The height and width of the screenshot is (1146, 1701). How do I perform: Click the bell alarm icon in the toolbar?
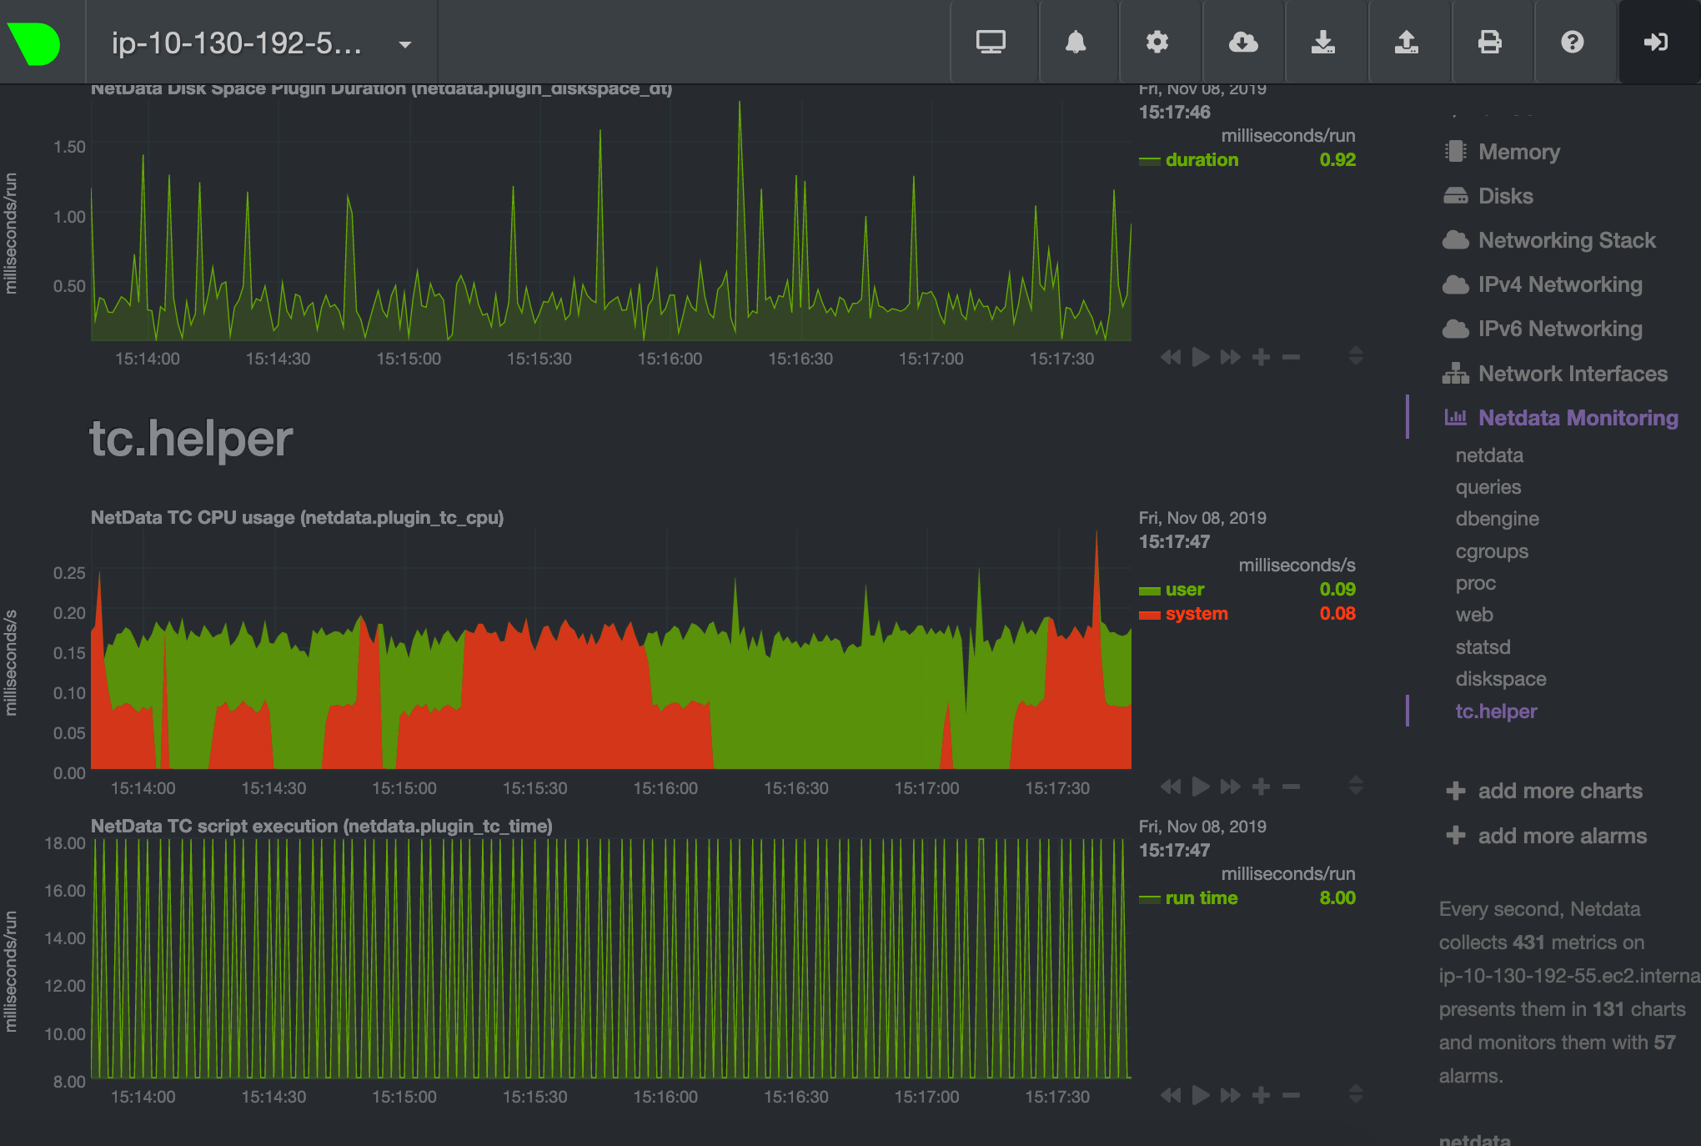(x=1076, y=42)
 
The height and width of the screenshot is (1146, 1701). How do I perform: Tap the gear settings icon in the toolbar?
(x=1157, y=42)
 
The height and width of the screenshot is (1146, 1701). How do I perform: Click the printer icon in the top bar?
(x=1489, y=42)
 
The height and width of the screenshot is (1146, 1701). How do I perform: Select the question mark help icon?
(x=1572, y=42)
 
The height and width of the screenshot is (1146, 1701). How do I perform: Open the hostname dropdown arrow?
(x=405, y=44)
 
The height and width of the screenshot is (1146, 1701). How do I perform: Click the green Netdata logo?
(x=34, y=43)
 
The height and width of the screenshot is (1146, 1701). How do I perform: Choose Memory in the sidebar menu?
(x=1518, y=152)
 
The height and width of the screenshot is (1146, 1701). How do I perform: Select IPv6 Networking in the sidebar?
(x=1559, y=329)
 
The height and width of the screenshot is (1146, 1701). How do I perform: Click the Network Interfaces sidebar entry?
(x=1572, y=374)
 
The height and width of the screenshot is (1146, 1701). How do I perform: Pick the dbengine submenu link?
(x=1497, y=519)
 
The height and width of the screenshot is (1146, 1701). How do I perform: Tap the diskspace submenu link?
(x=1500, y=679)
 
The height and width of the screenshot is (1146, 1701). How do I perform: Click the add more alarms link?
(x=1561, y=836)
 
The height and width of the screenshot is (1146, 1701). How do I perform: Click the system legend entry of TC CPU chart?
(x=1196, y=614)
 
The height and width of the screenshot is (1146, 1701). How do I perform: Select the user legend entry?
(x=1184, y=590)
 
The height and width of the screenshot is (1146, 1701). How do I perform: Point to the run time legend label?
(x=1201, y=898)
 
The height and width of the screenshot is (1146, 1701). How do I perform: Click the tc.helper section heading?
(x=191, y=439)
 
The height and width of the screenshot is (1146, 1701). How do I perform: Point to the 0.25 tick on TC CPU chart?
(x=69, y=573)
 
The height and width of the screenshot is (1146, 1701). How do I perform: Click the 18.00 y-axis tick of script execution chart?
(x=65, y=843)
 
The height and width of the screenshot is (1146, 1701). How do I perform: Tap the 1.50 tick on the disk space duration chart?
(x=69, y=147)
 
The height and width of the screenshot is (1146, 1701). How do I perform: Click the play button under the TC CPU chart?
(x=1201, y=787)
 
